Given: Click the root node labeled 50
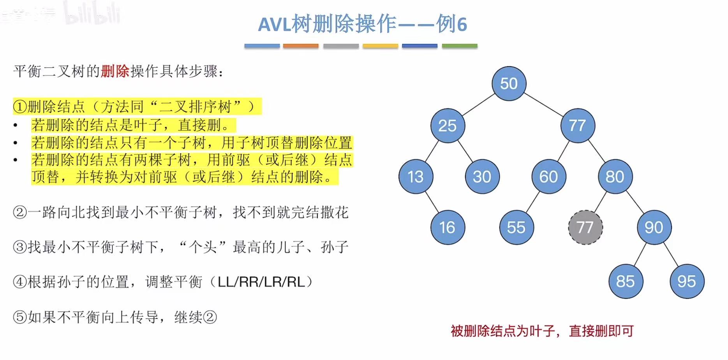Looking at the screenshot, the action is [x=509, y=83].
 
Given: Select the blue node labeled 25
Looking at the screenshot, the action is [x=448, y=125].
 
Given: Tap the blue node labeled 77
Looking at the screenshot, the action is [x=577, y=125].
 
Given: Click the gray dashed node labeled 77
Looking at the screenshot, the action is [x=585, y=228].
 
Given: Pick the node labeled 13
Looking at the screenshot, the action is [x=416, y=176].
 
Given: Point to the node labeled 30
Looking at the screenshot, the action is [x=482, y=176].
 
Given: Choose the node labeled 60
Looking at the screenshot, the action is [x=548, y=176].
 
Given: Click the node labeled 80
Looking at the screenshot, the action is [x=615, y=176].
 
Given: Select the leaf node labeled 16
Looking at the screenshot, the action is [x=448, y=228].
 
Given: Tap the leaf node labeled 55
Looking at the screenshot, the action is [x=516, y=228].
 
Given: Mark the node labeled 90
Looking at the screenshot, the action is [x=654, y=228].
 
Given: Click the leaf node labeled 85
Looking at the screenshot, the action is [x=626, y=281].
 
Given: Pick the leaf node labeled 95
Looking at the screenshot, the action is [x=687, y=281].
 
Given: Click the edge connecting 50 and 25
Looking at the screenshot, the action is [x=478, y=104].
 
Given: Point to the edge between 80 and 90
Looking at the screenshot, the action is [x=635, y=202].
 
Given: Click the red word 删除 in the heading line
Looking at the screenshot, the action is [x=115, y=71].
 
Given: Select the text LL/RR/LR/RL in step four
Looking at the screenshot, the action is [x=261, y=282].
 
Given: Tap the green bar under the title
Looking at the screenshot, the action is [x=460, y=46].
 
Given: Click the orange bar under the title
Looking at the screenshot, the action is [x=301, y=46].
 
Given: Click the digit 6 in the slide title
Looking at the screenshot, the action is [x=462, y=24].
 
